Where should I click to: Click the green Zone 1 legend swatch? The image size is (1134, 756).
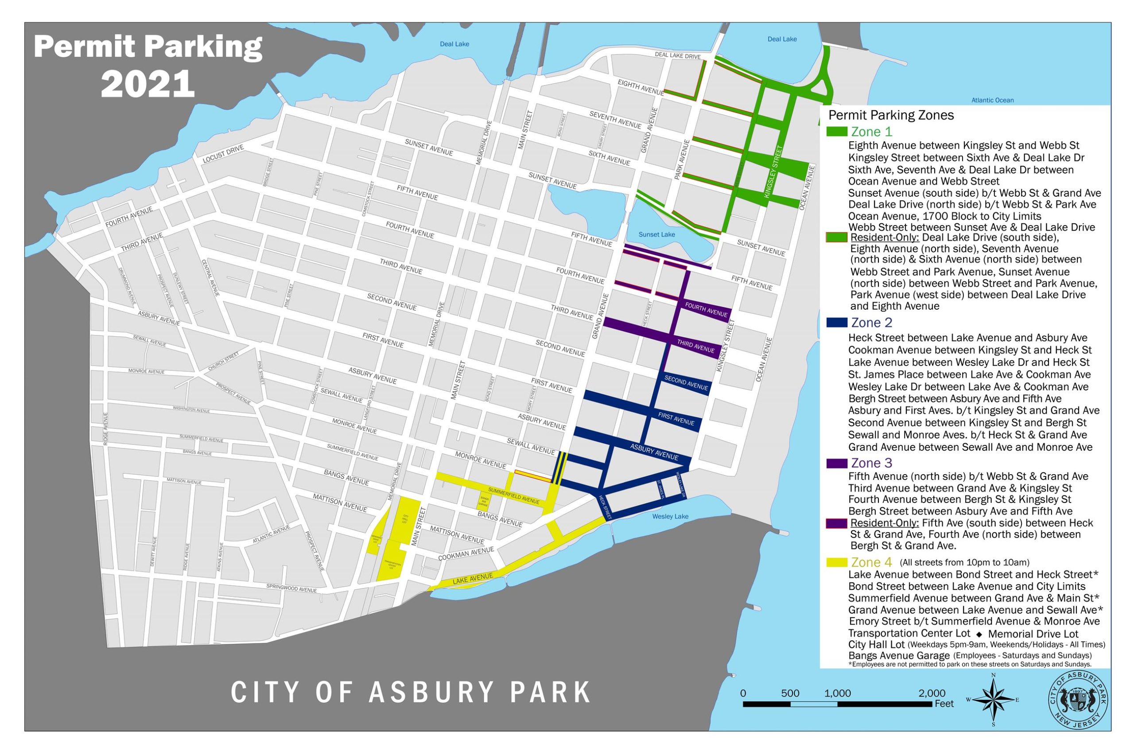pos(836,132)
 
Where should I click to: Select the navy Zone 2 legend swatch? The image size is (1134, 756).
pos(836,323)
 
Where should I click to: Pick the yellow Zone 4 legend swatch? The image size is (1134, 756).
pos(836,562)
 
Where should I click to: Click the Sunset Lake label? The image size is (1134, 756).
pos(656,235)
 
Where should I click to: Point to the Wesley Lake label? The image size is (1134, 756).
pos(670,516)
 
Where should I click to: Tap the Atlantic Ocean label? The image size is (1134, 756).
pos(992,100)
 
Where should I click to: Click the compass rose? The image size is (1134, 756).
pos(993,700)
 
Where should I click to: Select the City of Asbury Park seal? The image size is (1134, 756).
pos(1078,700)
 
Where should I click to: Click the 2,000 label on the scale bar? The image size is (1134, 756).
pos(931,694)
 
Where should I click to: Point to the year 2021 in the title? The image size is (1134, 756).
pos(148,84)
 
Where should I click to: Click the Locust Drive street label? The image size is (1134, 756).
pos(223,154)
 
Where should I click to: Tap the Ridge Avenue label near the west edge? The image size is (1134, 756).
pos(105,428)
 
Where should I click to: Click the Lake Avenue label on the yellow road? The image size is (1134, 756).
pos(472,579)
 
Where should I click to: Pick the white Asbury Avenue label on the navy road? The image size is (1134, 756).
pos(654,452)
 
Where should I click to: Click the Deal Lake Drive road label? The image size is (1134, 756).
pos(677,55)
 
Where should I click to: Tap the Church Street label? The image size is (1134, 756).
pos(223,362)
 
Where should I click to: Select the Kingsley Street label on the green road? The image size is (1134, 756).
pos(773,171)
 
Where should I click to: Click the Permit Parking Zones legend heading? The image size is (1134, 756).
pos(891,115)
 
